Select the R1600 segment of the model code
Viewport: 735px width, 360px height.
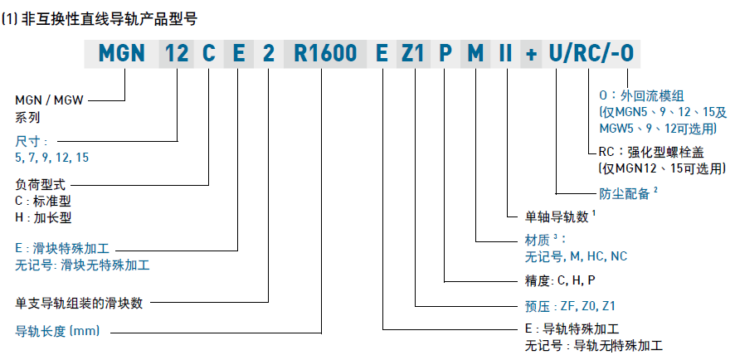326,56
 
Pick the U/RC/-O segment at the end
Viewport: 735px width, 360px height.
593,56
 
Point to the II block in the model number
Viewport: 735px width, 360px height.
504,56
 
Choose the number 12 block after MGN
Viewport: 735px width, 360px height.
177,56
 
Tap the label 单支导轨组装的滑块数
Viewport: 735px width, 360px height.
79,304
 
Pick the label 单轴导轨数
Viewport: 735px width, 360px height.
557,217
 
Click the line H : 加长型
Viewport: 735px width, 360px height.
44,218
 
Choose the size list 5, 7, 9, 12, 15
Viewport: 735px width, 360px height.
52,156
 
